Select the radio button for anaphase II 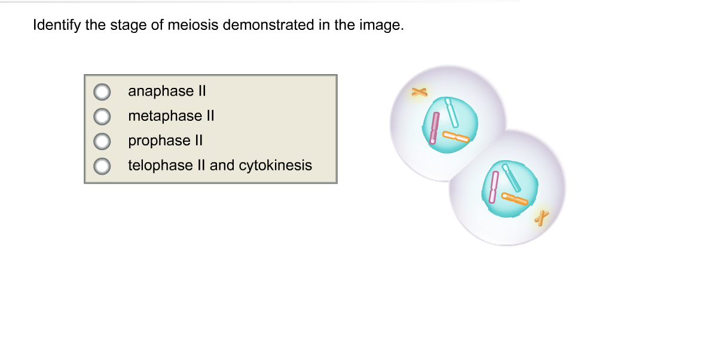[x=102, y=92]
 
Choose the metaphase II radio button [x=102, y=117]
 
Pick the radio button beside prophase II [x=102, y=141]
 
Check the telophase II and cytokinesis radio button [x=102, y=166]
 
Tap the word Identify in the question [x=57, y=25]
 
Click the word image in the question [x=381, y=25]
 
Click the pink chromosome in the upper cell [x=434, y=128]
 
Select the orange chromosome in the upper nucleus [x=456, y=137]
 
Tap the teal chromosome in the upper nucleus [x=451, y=112]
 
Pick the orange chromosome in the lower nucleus [x=515, y=199]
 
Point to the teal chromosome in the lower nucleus [x=511, y=178]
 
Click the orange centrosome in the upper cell [x=419, y=92]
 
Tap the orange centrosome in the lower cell [x=541, y=218]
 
